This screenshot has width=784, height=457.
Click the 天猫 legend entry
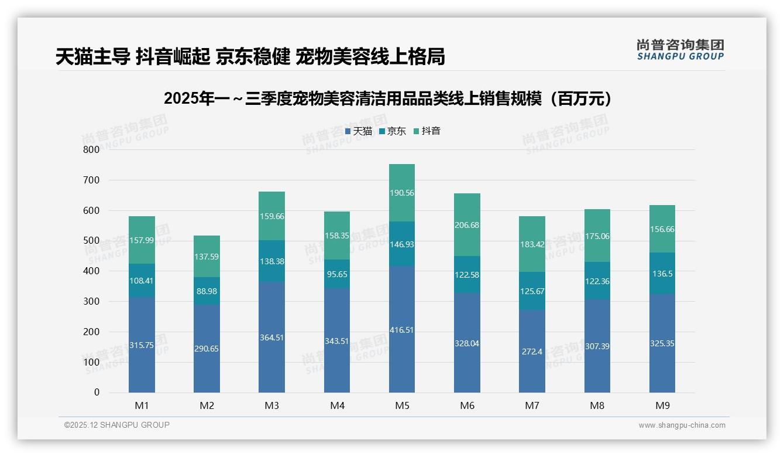tap(358, 131)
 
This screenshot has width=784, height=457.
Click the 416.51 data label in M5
tap(401, 330)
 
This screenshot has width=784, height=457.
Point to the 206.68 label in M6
tap(467, 226)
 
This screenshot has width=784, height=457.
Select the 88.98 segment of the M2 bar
tap(207, 291)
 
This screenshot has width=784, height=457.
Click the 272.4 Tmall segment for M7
tap(532, 352)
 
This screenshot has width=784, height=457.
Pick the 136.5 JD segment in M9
tap(662, 274)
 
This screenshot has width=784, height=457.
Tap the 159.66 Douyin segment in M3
tap(271, 216)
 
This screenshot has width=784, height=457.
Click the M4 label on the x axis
tap(337, 405)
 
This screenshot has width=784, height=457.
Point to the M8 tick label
tap(597, 405)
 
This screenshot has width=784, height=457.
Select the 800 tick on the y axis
tap(91, 149)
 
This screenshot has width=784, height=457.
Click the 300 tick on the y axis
tap(91, 301)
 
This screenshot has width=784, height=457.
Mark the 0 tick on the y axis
tap(97, 393)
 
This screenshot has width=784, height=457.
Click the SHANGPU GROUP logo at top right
tap(680, 50)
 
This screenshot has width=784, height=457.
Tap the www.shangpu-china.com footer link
tap(682, 425)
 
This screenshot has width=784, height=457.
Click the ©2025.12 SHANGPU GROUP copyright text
tap(117, 425)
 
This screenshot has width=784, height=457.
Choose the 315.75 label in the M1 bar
tap(142, 346)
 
